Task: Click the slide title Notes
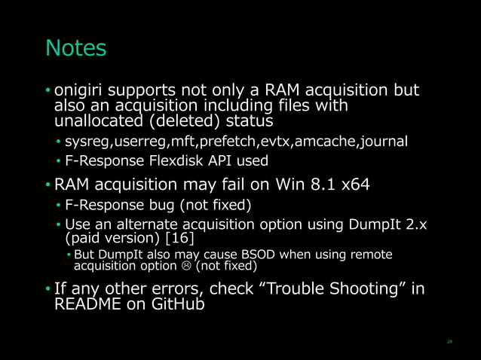click(x=76, y=48)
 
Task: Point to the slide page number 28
click(x=449, y=340)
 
